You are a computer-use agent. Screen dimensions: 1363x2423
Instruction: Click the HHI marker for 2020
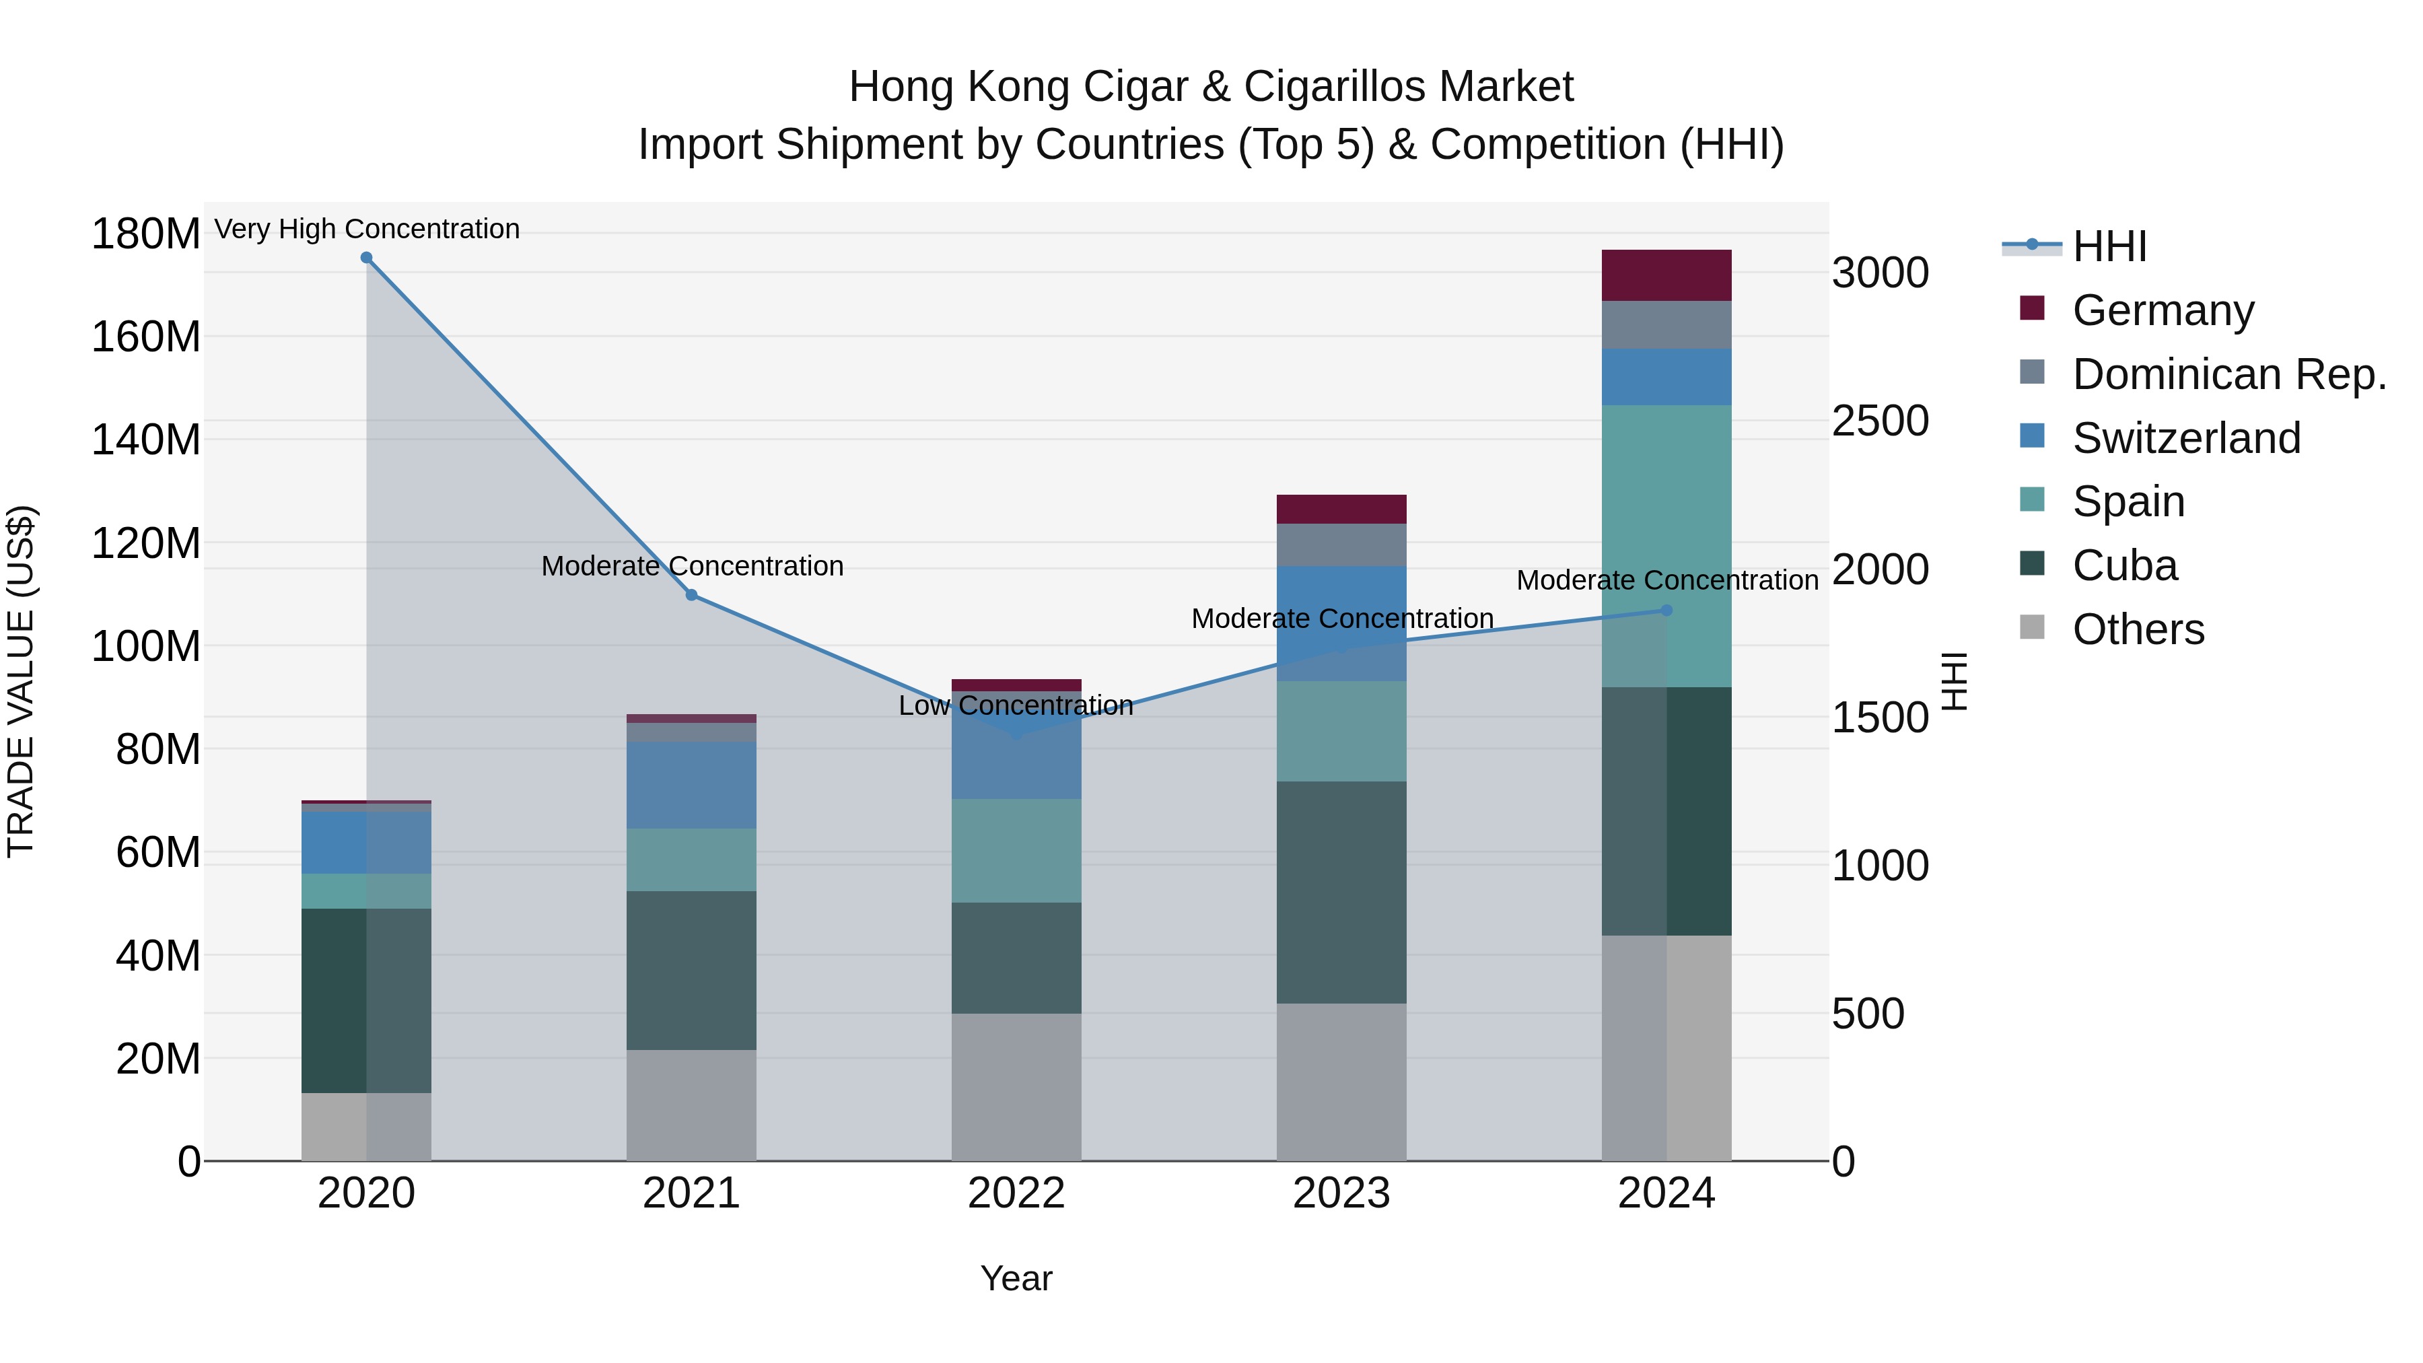pos(367,258)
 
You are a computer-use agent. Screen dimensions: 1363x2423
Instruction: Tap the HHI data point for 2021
pos(691,596)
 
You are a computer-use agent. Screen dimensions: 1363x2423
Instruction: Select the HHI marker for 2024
pos(1666,610)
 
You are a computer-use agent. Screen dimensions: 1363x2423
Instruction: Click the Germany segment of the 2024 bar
pos(1666,275)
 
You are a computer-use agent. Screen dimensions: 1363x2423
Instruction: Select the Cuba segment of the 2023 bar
pos(1341,892)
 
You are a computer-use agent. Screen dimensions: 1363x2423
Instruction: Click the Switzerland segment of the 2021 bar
pos(691,785)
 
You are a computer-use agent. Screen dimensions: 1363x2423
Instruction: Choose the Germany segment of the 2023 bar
pos(1341,509)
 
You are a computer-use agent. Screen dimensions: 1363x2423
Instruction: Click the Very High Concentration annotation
pos(367,229)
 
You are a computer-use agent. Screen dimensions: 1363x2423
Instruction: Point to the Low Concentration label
pos(1016,705)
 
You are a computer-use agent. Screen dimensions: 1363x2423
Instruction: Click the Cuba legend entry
pos(2124,565)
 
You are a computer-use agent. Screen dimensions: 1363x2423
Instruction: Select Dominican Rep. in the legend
pos(2228,374)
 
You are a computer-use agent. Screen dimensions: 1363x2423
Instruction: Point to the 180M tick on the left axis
pos(146,234)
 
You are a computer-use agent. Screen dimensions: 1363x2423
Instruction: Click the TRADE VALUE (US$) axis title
pos(21,681)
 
